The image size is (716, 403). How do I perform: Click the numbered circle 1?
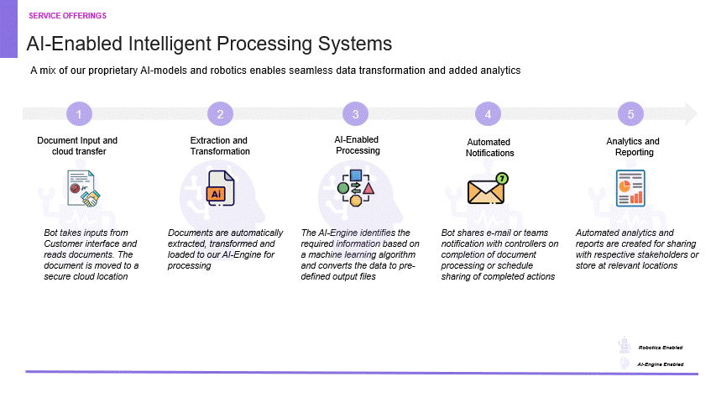tap(78, 114)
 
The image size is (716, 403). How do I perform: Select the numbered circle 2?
tap(220, 114)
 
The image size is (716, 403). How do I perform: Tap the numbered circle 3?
tap(356, 114)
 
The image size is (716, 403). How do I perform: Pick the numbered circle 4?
tap(488, 114)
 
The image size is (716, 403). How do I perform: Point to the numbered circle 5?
tap(630, 114)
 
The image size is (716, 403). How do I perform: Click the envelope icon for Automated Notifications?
tap(487, 190)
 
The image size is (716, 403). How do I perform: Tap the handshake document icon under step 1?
tap(83, 190)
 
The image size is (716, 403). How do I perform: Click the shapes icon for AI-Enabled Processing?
tap(355, 188)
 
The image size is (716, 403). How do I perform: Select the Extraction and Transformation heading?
tap(220, 146)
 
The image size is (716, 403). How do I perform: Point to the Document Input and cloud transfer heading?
tap(77, 146)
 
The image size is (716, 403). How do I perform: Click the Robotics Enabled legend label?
tap(660, 347)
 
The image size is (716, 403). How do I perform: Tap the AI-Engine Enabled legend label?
tap(661, 364)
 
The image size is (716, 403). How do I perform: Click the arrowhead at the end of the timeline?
tap(690, 113)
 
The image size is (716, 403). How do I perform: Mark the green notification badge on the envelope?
tap(502, 178)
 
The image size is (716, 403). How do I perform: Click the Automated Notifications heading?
tap(489, 148)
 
